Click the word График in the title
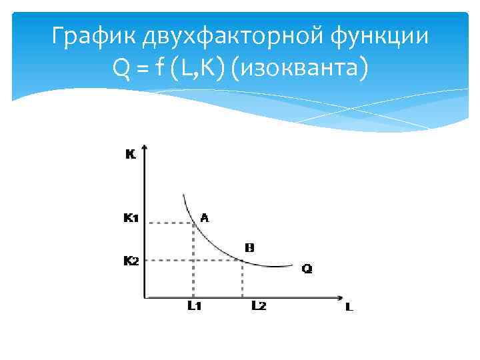point(93,37)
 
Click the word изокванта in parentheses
point(297,67)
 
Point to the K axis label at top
point(131,155)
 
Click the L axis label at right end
point(349,308)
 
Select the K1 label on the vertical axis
point(131,217)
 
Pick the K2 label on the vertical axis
point(131,261)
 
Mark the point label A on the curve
point(204,217)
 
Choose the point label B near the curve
point(250,247)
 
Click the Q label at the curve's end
point(307,269)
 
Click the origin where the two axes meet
point(145,297)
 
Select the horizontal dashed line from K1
point(169,223)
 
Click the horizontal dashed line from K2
point(193,261)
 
